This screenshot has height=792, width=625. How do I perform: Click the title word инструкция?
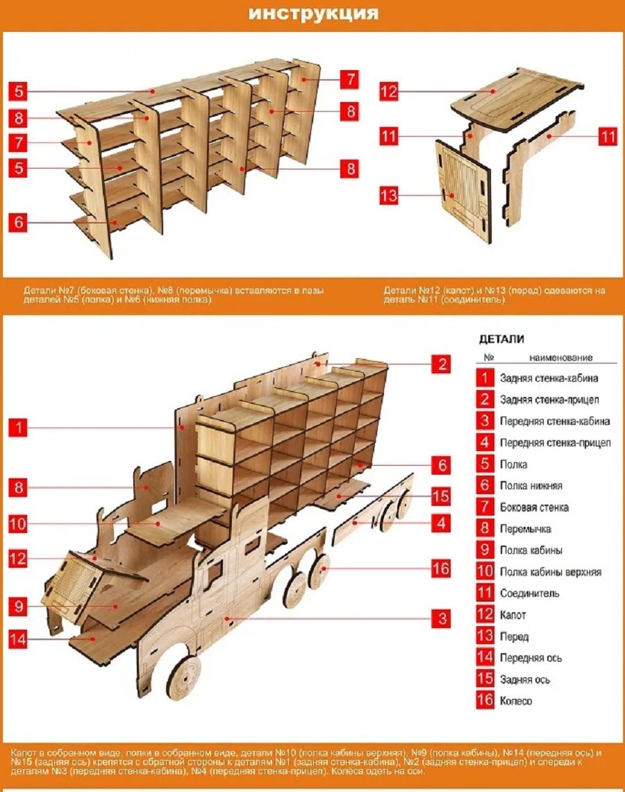pyautogui.click(x=314, y=13)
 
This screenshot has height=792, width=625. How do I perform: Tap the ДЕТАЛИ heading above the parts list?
pyautogui.click(x=501, y=339)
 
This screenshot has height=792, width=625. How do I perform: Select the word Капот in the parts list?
pyautogui.click(x=512, y=615)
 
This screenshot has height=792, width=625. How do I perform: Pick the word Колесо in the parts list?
pyautogui.click(x=516, y=700)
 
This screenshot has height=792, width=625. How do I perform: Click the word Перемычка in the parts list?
pyautogui.click(x=525, y=529)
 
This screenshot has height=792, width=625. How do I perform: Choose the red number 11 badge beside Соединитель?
pyautogui.click(x=485, y=593)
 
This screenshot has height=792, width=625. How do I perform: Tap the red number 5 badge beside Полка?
pyautogui.click(x=485, y=464)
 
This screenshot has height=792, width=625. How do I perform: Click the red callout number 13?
pyautogui.click(x=389, y=196)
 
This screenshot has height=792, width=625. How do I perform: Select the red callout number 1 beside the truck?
pyautogui.click(x=18, y=428)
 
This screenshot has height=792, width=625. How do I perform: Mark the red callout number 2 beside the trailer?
pyautogui.click(x=441, y=364)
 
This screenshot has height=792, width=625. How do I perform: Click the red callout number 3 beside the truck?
pyautogui.click(x=441, y=618)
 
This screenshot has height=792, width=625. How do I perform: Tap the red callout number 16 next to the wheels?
pyautogui.click(x=441, y=569)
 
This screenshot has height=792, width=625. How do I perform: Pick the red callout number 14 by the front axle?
pyautogui.click(x=18, y=639)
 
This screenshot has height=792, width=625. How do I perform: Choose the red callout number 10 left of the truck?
pyautogui.click(x=18, y=524)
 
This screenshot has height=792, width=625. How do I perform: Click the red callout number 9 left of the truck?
pyautogui.click(x=18, y=607)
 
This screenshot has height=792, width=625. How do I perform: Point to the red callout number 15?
pyautogui.click(x=441, y=497)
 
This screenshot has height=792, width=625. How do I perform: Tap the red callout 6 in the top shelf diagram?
pyautogui.click(x=18, y=222)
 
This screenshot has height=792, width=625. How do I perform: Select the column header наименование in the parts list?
pyautogui.click(x=560, y=357)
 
